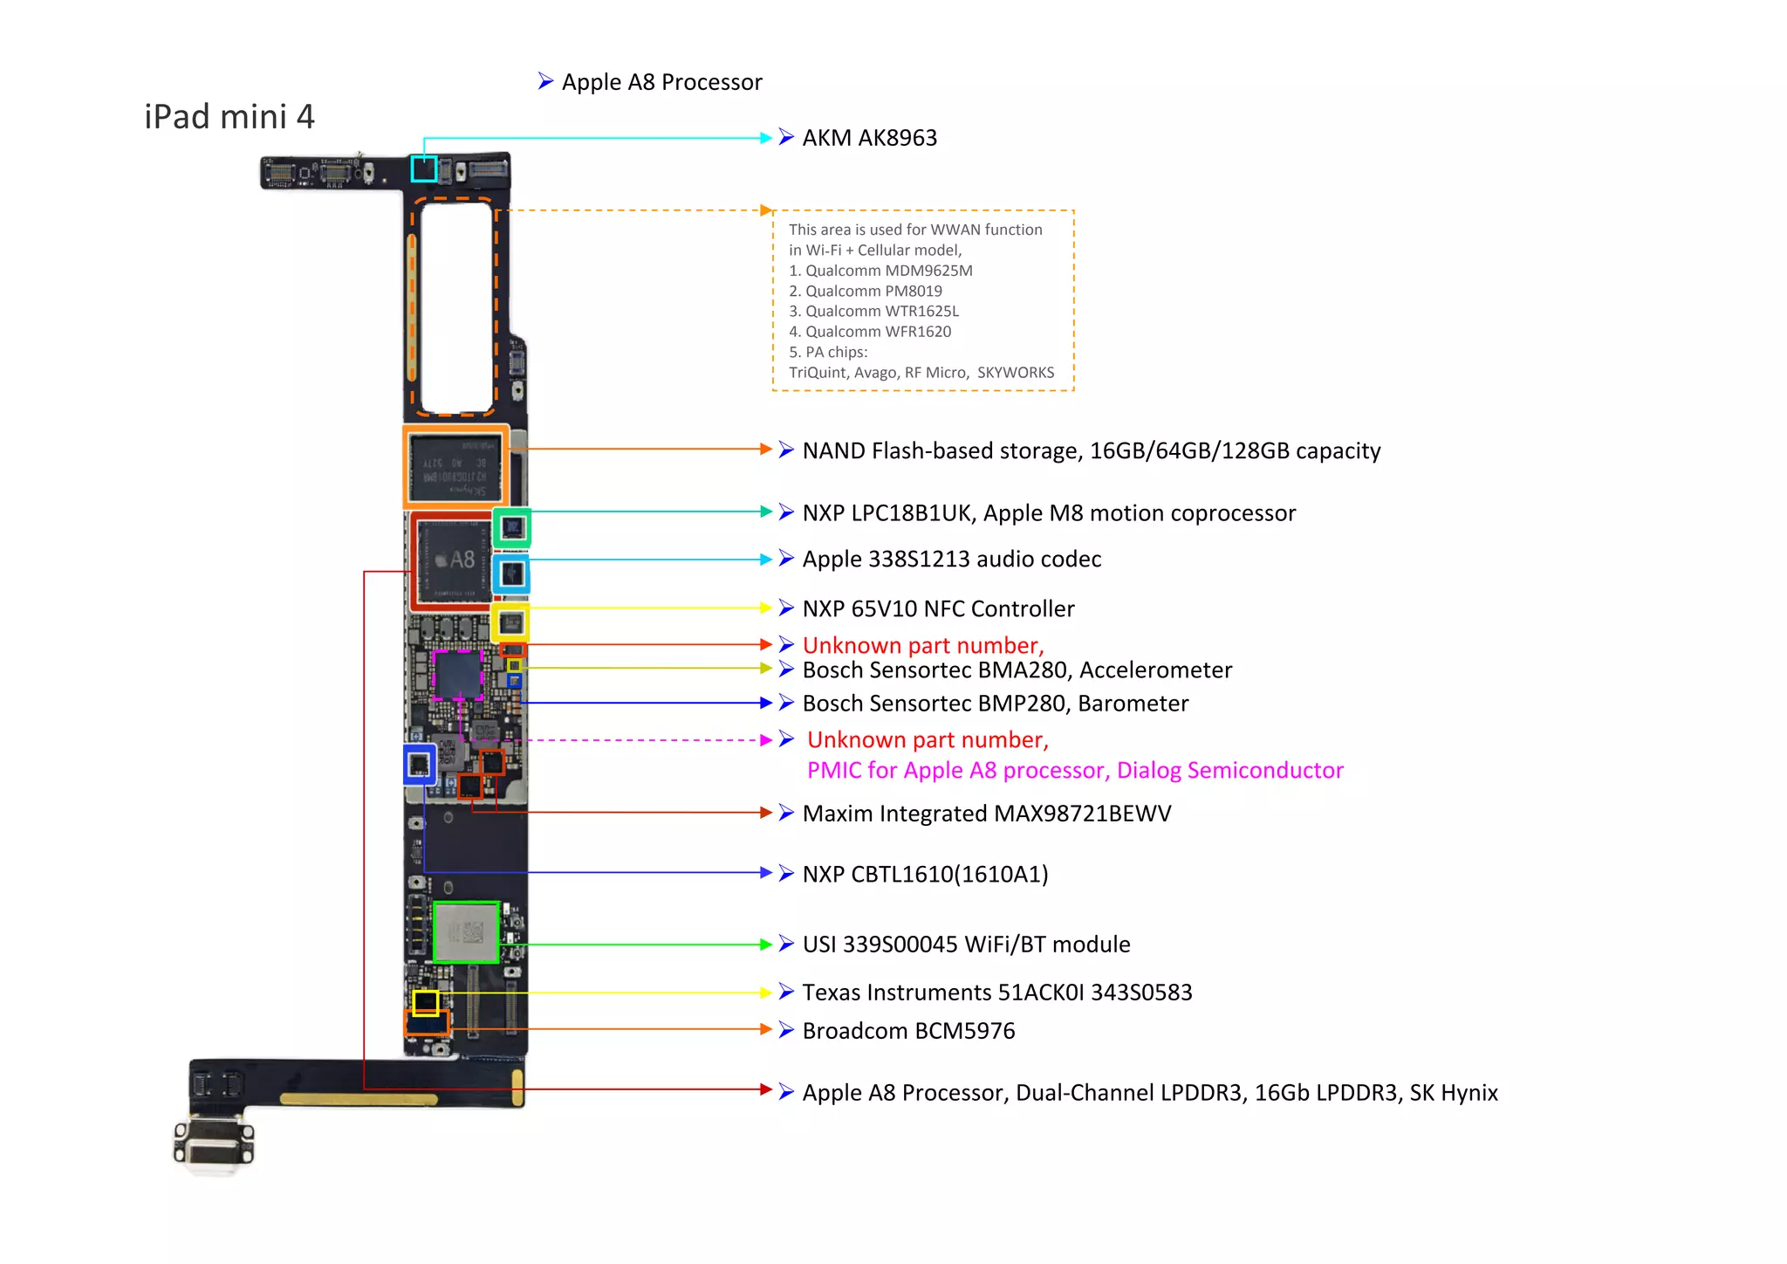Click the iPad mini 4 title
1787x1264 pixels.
(x=229, y=117)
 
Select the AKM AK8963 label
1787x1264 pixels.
(x=869, y=138)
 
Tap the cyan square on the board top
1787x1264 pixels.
(x=424, y=168)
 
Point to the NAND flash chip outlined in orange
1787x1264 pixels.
(x=455, y=467)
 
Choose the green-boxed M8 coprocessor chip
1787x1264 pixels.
(x=512, y=528)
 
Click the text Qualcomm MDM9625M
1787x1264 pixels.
(x=888, y=271)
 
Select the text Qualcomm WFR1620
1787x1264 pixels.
(x=878, y=332)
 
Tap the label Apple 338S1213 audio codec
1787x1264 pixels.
(x=951, y=559)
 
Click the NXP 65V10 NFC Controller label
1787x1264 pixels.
(x=938, y=608)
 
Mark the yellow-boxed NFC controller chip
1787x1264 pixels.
(x=510, y=623)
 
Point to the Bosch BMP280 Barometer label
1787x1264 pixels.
(x=995, y=704)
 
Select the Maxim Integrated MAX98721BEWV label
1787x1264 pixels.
(x=986, y=814)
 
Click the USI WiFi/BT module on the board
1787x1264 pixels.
(x=466, y=932)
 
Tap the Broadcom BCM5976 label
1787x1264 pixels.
(x=908, y=1031)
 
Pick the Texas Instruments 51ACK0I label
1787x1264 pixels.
(x=996, y=993)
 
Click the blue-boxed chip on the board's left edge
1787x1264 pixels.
(x=420, y=765)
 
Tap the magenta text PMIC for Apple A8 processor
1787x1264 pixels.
(x=1074, y=771)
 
